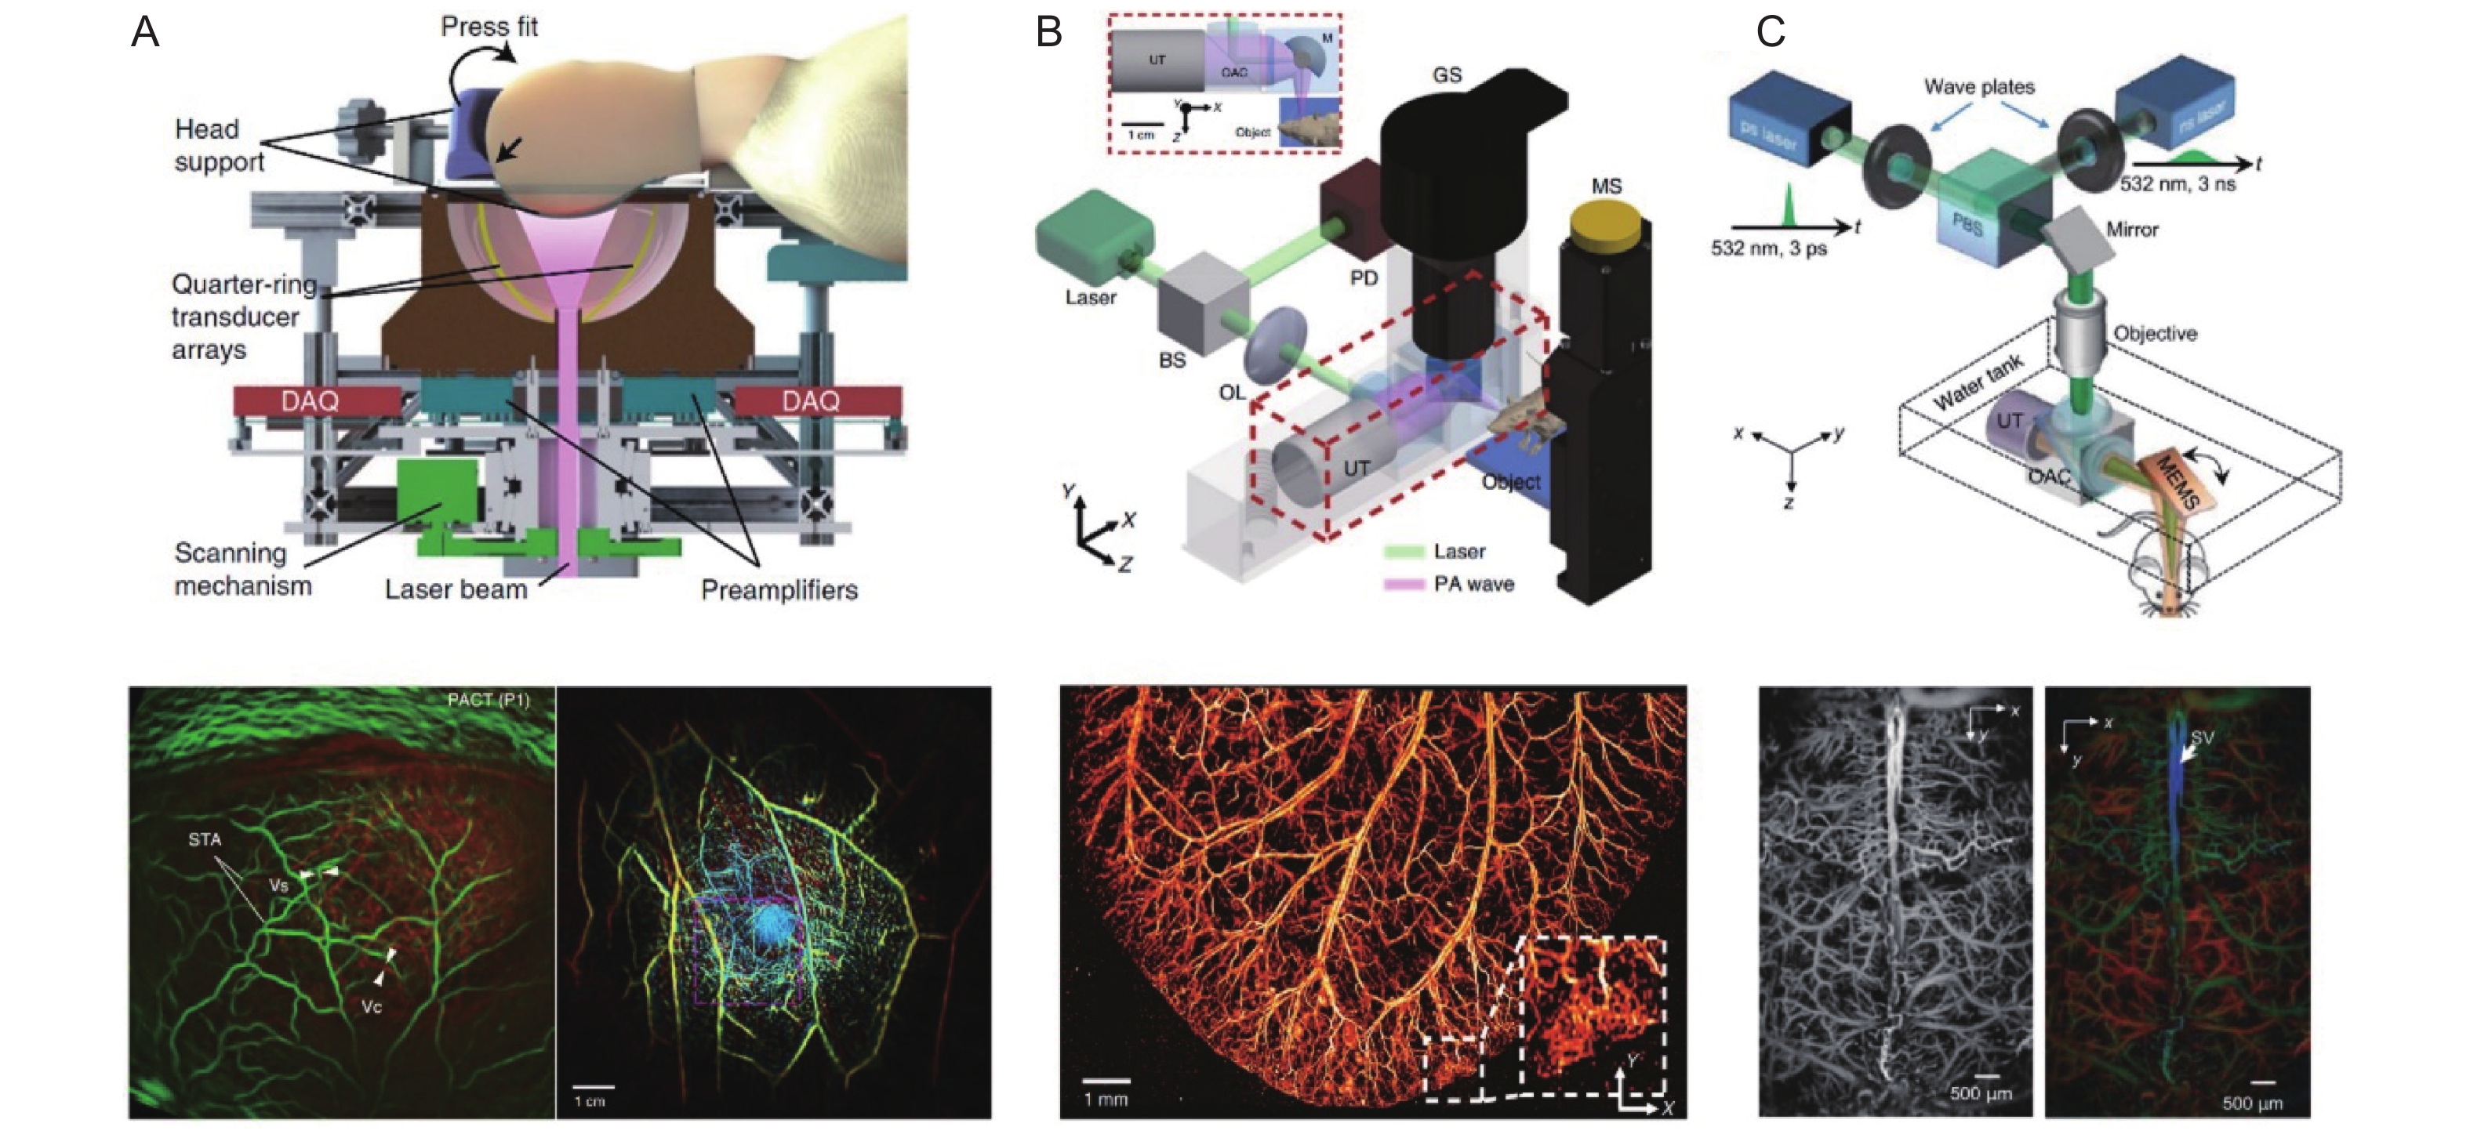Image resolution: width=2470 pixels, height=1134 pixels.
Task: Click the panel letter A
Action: tap(145, 33)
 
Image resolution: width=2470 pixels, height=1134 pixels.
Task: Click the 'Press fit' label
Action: tap(489, 27)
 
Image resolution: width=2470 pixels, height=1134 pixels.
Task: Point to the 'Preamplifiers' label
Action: tap(779, 589)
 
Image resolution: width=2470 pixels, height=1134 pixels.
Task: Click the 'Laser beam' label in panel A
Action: tap(456, 589)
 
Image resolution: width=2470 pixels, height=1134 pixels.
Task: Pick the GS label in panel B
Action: tap(1447, 74)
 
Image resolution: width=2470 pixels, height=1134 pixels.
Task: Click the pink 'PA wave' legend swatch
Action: tap(1404, 584)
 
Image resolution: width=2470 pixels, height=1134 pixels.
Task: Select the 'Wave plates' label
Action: tap(1979, 86)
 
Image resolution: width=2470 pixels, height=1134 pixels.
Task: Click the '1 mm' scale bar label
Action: tap(1106, 1099)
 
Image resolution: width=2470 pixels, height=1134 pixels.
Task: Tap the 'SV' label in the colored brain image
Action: tap(2202, 737)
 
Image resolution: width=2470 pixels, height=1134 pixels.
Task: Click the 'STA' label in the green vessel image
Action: tap(204, 839)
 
